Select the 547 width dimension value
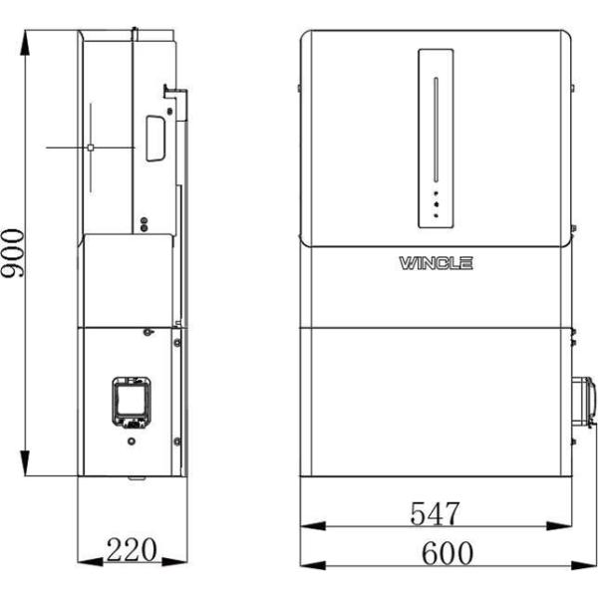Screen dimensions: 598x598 (436, 513)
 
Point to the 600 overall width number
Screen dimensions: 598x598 (436, 551)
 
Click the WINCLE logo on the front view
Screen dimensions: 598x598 (437, 263)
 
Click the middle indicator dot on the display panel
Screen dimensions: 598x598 (436, 202)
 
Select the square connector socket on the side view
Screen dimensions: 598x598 (130, 399)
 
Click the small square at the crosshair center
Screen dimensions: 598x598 (90, 147)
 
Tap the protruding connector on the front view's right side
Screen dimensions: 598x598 (586, 399)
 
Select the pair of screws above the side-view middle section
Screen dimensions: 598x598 (145, 223)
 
